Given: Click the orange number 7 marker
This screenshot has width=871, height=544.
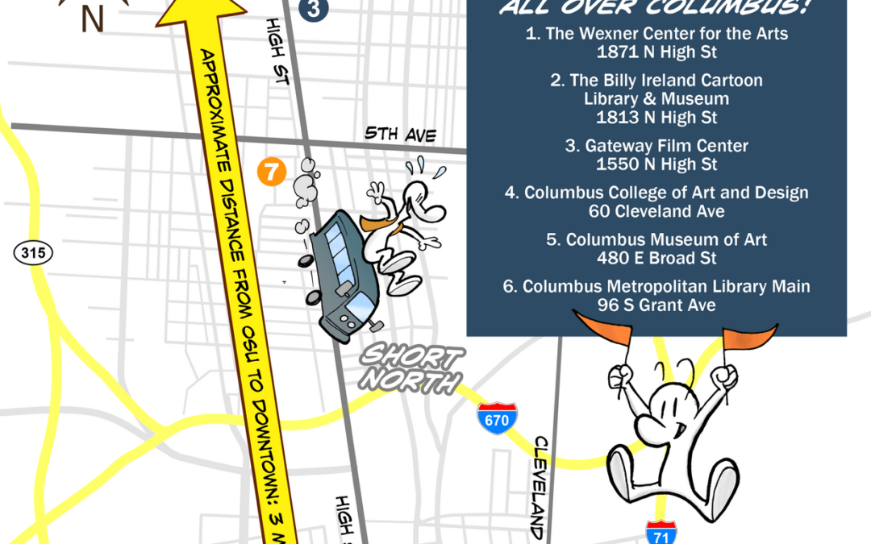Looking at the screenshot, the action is coord(272,172).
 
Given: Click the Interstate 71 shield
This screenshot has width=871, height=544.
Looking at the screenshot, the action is coord(661,533).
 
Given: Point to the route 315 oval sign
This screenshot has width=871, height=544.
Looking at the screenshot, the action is coord(33,253).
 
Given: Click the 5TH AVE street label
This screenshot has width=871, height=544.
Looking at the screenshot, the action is coord(400,134).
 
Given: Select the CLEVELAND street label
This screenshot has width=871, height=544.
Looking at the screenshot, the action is coord(540,488).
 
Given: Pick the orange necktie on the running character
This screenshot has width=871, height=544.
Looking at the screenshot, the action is coord(381,223).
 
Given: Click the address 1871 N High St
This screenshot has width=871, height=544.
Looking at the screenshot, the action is coord(656,52).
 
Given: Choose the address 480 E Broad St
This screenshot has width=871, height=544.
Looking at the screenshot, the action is coord(656,259).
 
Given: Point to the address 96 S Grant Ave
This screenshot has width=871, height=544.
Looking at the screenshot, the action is coord(656,305).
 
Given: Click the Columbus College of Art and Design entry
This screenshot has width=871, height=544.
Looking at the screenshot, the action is coord(656,193).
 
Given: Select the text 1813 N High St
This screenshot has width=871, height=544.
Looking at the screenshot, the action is coord(656,118).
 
